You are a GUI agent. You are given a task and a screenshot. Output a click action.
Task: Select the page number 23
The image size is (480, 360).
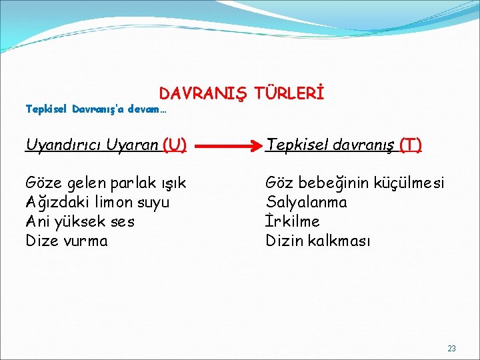tap(451, 349)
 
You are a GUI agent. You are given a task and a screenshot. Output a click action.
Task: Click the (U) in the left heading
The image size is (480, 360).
tap(174, 144)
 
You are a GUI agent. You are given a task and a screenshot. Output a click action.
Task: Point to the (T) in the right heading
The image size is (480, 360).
tap(410, 144)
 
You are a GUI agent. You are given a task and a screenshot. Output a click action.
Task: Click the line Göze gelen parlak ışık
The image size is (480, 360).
tap(106, 183)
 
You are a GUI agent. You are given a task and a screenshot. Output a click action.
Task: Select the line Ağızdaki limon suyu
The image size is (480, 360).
tap(97, 202)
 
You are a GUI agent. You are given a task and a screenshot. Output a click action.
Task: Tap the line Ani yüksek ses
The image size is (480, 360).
tap(80, 221)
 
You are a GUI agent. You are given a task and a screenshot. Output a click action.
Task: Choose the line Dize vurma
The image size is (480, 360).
tap(67, 241)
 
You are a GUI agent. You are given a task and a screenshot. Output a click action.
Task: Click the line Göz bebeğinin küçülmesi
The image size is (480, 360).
tap(355, 183)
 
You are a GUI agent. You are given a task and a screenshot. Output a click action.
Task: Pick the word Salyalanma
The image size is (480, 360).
tap(307, 202)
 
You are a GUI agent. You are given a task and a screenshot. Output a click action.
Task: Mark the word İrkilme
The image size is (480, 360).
tap(293, 221)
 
